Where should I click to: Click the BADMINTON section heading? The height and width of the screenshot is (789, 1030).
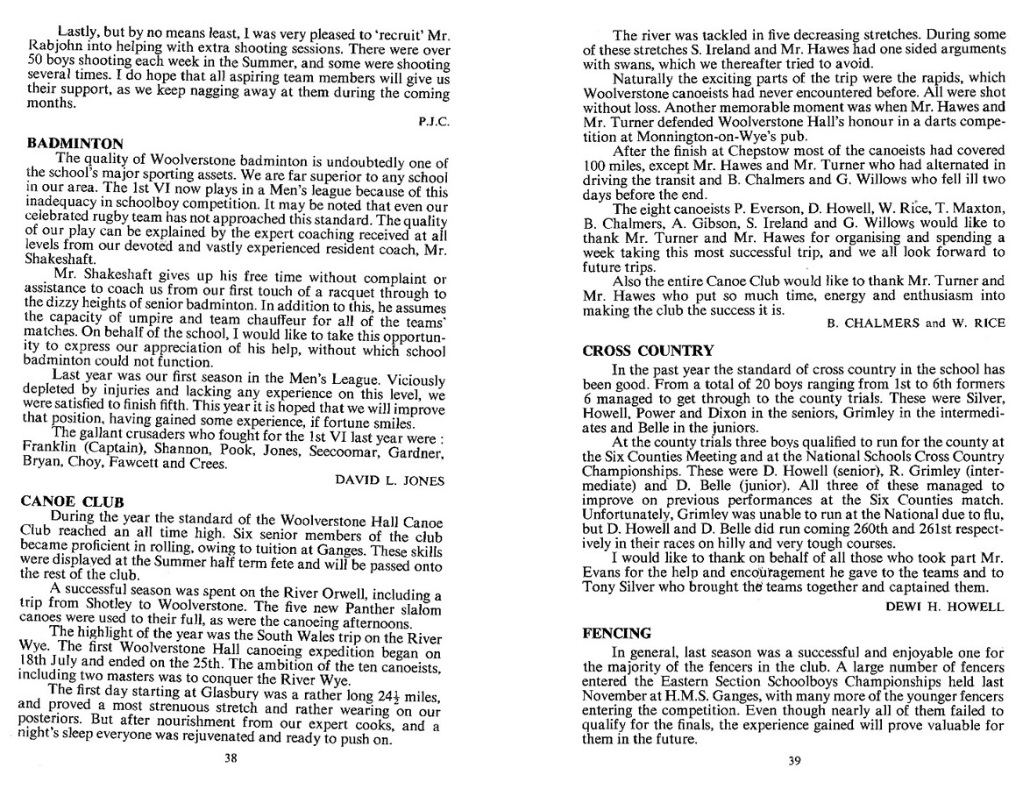[75, 142]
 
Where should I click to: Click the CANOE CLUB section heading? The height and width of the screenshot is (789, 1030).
[72, 501]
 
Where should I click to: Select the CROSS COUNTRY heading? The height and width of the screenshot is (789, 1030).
[649, 351]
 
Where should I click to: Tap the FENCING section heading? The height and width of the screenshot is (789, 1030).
[617, 633]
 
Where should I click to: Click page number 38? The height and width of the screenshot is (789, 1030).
[231, 758]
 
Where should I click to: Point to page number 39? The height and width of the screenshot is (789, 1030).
[793, 760]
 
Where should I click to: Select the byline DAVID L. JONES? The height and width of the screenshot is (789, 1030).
[391, 480]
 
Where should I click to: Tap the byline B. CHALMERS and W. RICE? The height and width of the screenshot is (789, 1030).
[916, 323]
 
